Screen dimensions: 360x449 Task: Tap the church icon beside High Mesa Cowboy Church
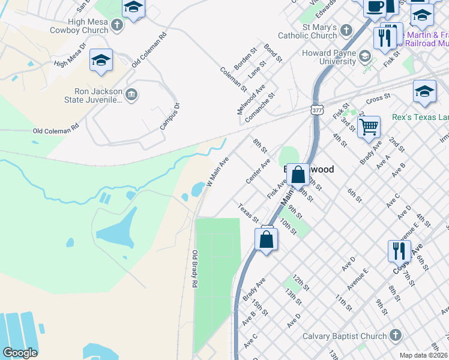pyautogui.click(x=117, y=25)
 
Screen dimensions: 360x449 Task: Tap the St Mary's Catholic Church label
pyautogui.click(x=312, y=31)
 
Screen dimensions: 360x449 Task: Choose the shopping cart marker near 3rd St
pyautogui.click(x=369, y=127)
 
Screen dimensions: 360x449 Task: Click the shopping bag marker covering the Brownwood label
pyautogui.click(x=298, y=175)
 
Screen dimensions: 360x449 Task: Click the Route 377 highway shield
pyautogui.click(x=318, y=109)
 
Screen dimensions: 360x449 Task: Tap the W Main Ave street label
pyautogui.click(x=218, y=172)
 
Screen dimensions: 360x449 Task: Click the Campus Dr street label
pyautogui.click(x=170, y=116)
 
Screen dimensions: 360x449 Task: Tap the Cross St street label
pyautogui.click(x=378, y=97)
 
